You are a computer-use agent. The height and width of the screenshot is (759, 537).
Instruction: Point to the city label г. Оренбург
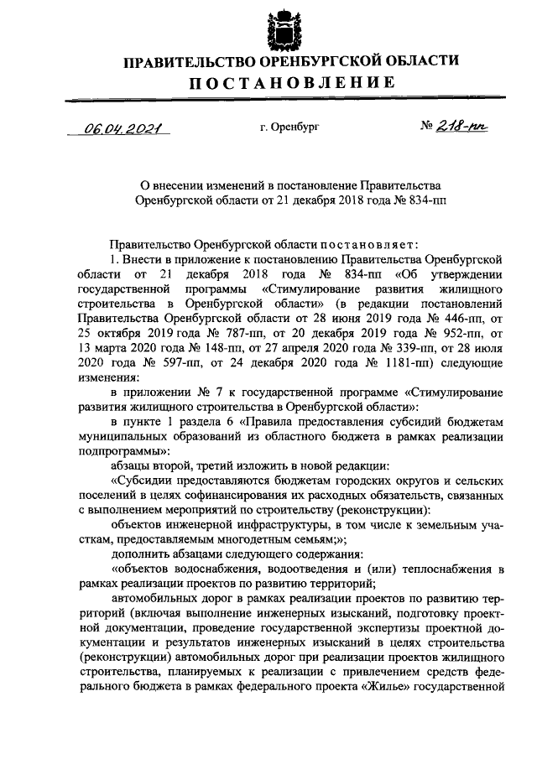[x=290, y=127]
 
